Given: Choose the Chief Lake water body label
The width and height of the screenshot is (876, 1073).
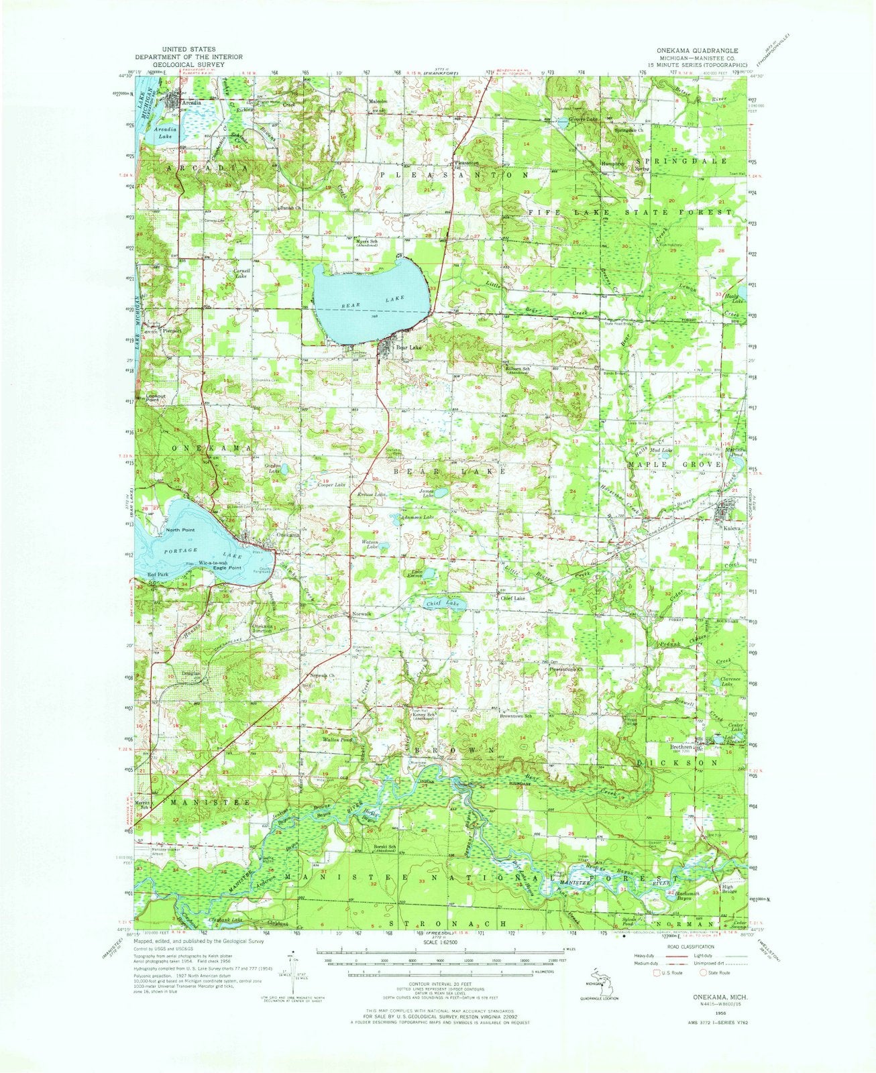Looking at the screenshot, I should (443, 604).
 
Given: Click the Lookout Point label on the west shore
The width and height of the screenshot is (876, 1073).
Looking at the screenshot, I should (156, 398).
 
